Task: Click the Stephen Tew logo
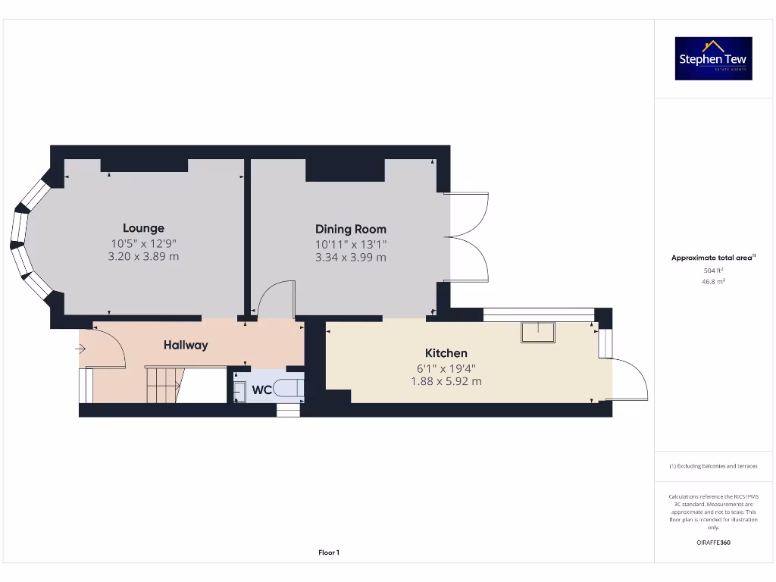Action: (713, 58)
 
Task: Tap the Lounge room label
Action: (143, 228)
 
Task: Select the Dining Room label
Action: (350, 229)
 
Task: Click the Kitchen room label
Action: (446, 353)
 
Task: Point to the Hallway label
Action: (186, 345)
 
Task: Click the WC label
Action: (261, 390)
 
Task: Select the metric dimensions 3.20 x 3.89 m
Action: (143, 257)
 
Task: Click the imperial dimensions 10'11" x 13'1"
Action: (350, 244)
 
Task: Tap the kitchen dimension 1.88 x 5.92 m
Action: (446, 381)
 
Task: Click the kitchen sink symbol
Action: (538, 332)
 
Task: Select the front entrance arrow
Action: (80, 349)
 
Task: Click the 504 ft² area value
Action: (713, 270)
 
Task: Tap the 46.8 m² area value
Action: (713, 281)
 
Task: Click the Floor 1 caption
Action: (329, 553)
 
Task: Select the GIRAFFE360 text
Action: (713, 543)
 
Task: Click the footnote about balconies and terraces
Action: (713, 466)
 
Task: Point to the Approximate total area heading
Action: (713, 258)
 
